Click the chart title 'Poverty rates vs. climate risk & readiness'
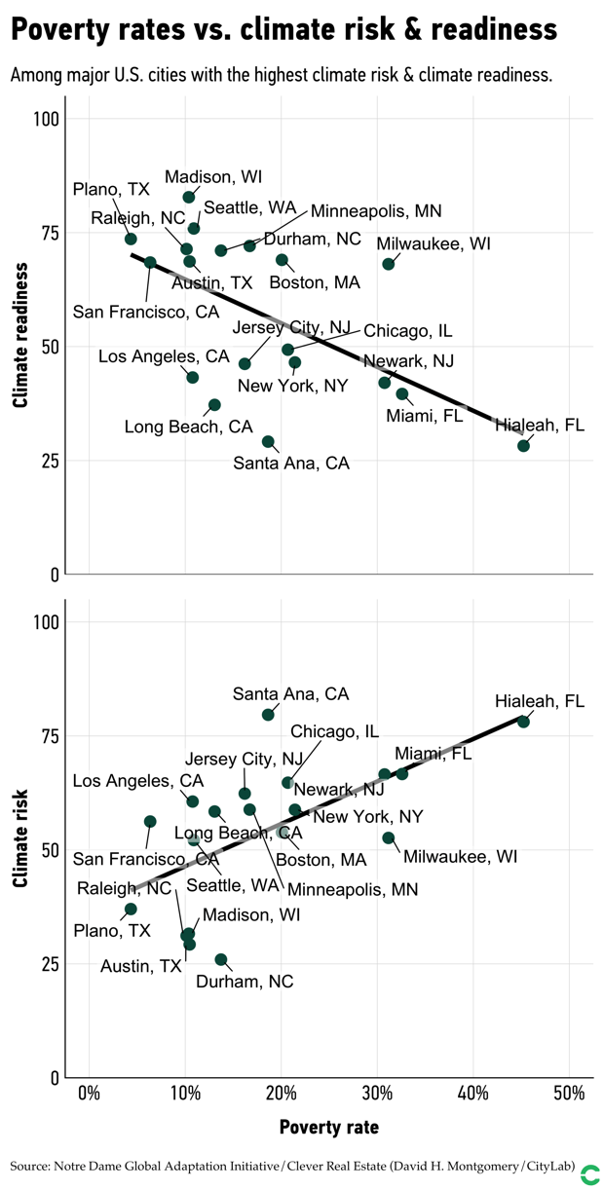(283, 30)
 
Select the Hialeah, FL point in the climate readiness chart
(523, 446)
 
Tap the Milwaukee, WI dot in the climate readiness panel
(389, 264)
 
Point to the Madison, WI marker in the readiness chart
(189, 198)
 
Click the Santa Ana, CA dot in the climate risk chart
(268, 715)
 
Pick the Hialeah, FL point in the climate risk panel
(523, 722)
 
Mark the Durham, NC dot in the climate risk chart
(221, 959)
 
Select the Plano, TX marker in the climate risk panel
(131, 909)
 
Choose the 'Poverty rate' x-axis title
(328, 1128)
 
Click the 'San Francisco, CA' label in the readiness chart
(146, 312)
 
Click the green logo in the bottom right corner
(589, 1174)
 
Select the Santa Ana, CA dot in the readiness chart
(268, 442)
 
